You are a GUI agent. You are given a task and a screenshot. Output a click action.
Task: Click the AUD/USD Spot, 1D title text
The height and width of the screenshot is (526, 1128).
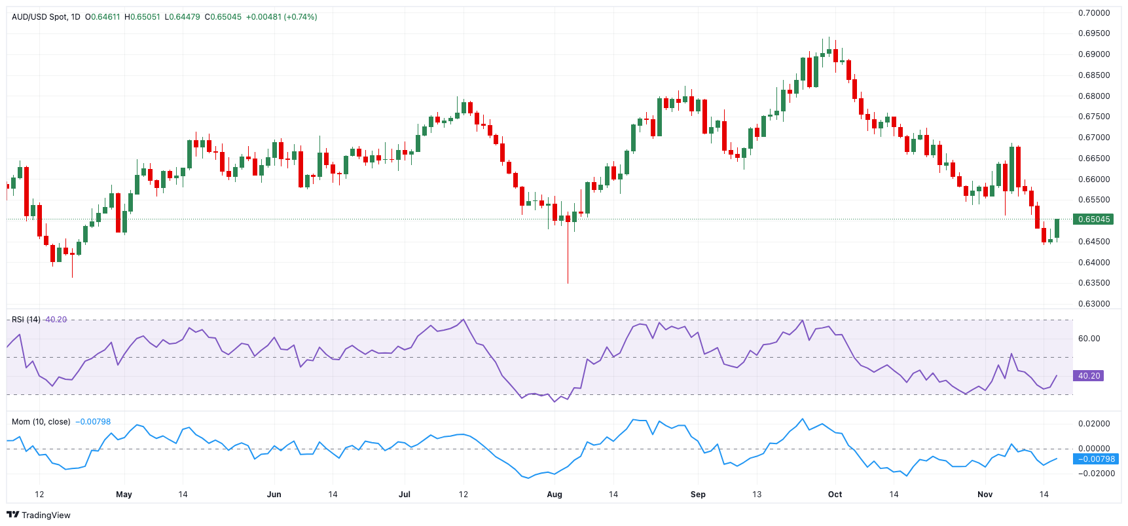click(46, 17)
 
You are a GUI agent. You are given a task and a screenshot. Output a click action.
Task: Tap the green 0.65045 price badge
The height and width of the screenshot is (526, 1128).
click(1093, 219)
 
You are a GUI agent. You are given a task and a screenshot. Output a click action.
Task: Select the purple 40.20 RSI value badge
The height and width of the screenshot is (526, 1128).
click(1088, 376)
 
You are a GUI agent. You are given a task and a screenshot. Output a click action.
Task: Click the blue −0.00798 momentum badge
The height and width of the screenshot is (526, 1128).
click(1096, 459)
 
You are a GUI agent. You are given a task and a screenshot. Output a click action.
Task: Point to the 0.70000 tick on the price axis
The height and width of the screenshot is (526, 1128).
click(1094, 13)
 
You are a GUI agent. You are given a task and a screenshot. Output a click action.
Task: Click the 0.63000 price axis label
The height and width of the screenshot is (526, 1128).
click(1094, 304)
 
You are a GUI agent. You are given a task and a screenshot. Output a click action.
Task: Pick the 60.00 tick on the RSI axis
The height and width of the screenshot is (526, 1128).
click(1089, 339)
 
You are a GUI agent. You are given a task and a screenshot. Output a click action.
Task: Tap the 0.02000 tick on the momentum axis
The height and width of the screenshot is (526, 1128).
click(1094, 424)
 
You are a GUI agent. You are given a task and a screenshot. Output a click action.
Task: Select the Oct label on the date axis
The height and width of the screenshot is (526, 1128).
click(835, 495)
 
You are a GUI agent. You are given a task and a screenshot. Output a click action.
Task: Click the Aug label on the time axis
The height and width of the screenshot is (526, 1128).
click(555, 495)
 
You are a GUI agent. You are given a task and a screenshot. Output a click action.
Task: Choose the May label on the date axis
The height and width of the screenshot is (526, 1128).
click(124, 495)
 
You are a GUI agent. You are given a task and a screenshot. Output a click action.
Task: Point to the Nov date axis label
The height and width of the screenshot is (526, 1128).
click(985, 495)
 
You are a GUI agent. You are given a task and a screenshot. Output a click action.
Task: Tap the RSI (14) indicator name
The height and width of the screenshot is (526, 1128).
click(26, 320)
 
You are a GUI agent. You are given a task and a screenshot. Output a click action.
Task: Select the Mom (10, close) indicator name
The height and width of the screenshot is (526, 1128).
click(41, 422)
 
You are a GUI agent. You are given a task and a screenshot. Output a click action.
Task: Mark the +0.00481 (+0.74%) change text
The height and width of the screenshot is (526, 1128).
click(282, 17)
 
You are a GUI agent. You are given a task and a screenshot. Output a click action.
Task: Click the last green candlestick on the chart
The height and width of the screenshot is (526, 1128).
click(1057, 229)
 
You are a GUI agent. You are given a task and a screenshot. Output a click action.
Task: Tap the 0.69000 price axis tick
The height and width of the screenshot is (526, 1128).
click(1094, 54)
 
